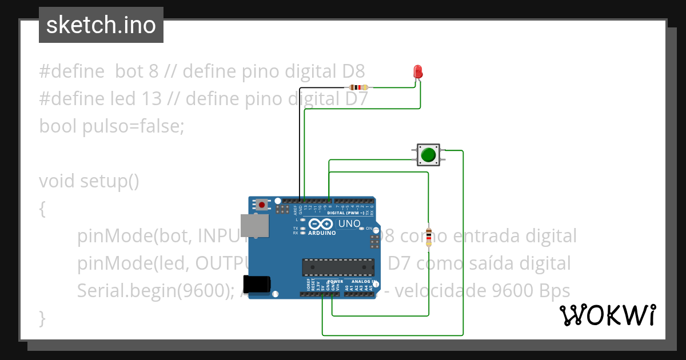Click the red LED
pos(418,71)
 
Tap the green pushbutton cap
pos(428,155)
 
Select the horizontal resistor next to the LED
pos(358,87)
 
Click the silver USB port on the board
pos(254,226)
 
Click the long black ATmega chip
pos(338,267)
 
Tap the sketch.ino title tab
pos(101,25)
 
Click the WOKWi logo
pos(607,315)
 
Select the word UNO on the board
pos(349,224)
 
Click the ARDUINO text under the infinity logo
pos(322,233)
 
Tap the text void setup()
pos(89,181)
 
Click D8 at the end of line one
pos(353,71)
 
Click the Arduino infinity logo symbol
pos(322,224)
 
